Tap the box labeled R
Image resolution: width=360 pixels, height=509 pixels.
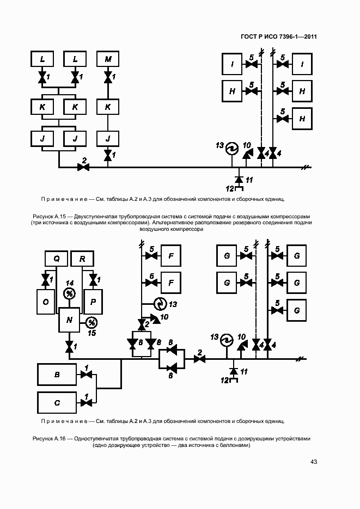82,258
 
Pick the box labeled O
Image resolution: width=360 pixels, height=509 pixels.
45,301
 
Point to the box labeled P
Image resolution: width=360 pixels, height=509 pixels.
93,301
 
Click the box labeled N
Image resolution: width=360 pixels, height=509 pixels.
69,320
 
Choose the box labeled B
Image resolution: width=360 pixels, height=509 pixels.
57,375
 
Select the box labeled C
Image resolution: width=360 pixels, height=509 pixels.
57,403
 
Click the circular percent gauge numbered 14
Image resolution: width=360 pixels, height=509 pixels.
70,294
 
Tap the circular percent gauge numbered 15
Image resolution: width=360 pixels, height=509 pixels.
92,322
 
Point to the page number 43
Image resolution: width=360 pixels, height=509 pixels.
313,462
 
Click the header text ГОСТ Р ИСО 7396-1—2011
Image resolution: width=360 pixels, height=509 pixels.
279,37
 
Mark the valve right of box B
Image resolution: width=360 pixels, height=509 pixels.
86,375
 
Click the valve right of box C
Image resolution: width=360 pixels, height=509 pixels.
86,403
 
